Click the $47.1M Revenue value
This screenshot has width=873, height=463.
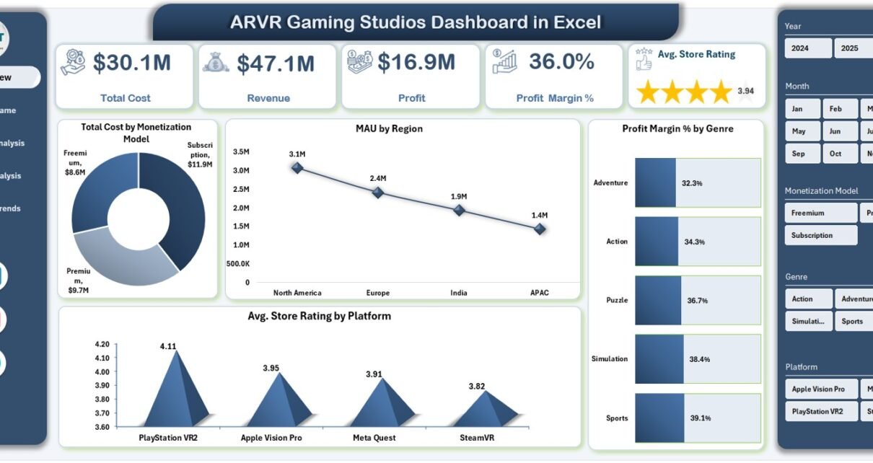point(276,63)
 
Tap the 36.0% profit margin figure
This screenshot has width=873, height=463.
point(561,62)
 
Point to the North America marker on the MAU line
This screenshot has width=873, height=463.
point(297,167)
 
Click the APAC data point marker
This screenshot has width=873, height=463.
point(540,229)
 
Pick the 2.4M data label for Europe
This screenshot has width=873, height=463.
point(378,178)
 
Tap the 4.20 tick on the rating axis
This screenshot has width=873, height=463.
point(102,344)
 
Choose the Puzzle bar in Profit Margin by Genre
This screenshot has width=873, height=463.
point(657,300)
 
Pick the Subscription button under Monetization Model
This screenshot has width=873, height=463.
point(820,235)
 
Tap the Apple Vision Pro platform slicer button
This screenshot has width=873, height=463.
point(821,389)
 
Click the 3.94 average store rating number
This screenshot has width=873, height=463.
point(745,91)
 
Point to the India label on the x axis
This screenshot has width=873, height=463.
point(458,293)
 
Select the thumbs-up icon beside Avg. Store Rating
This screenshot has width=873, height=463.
point(644,59)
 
